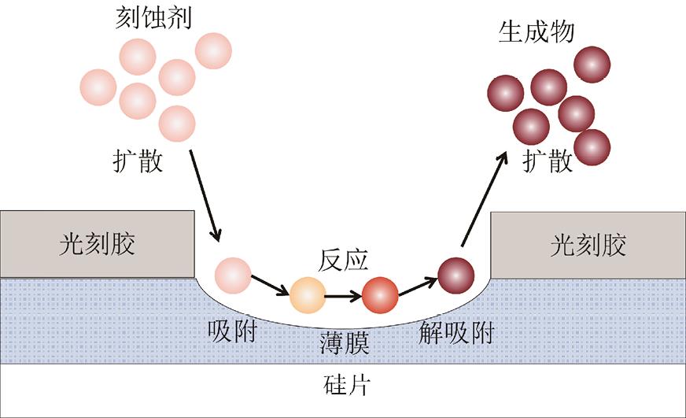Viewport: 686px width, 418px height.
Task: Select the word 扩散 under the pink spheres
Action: coord(138,162)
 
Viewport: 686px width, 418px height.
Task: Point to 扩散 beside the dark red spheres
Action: coord(548,161)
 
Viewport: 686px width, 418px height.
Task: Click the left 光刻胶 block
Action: coord(98,244)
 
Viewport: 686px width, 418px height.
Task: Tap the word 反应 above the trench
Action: coord(343,259)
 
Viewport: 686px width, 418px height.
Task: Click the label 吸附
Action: coord(232,333)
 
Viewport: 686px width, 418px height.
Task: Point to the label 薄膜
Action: coord(344,344)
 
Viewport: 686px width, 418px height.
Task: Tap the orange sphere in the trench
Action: coord(307,296)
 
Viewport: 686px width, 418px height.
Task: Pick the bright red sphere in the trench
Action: coord(380,296)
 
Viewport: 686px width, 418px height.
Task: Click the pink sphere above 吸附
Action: coord(233,274)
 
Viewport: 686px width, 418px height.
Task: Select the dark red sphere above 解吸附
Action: coord(455,274)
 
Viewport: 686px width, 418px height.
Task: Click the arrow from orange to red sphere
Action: coord(343,297)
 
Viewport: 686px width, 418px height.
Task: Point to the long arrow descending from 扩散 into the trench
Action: coord(205,197)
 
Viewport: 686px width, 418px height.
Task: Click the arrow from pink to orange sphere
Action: coord(270,286)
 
